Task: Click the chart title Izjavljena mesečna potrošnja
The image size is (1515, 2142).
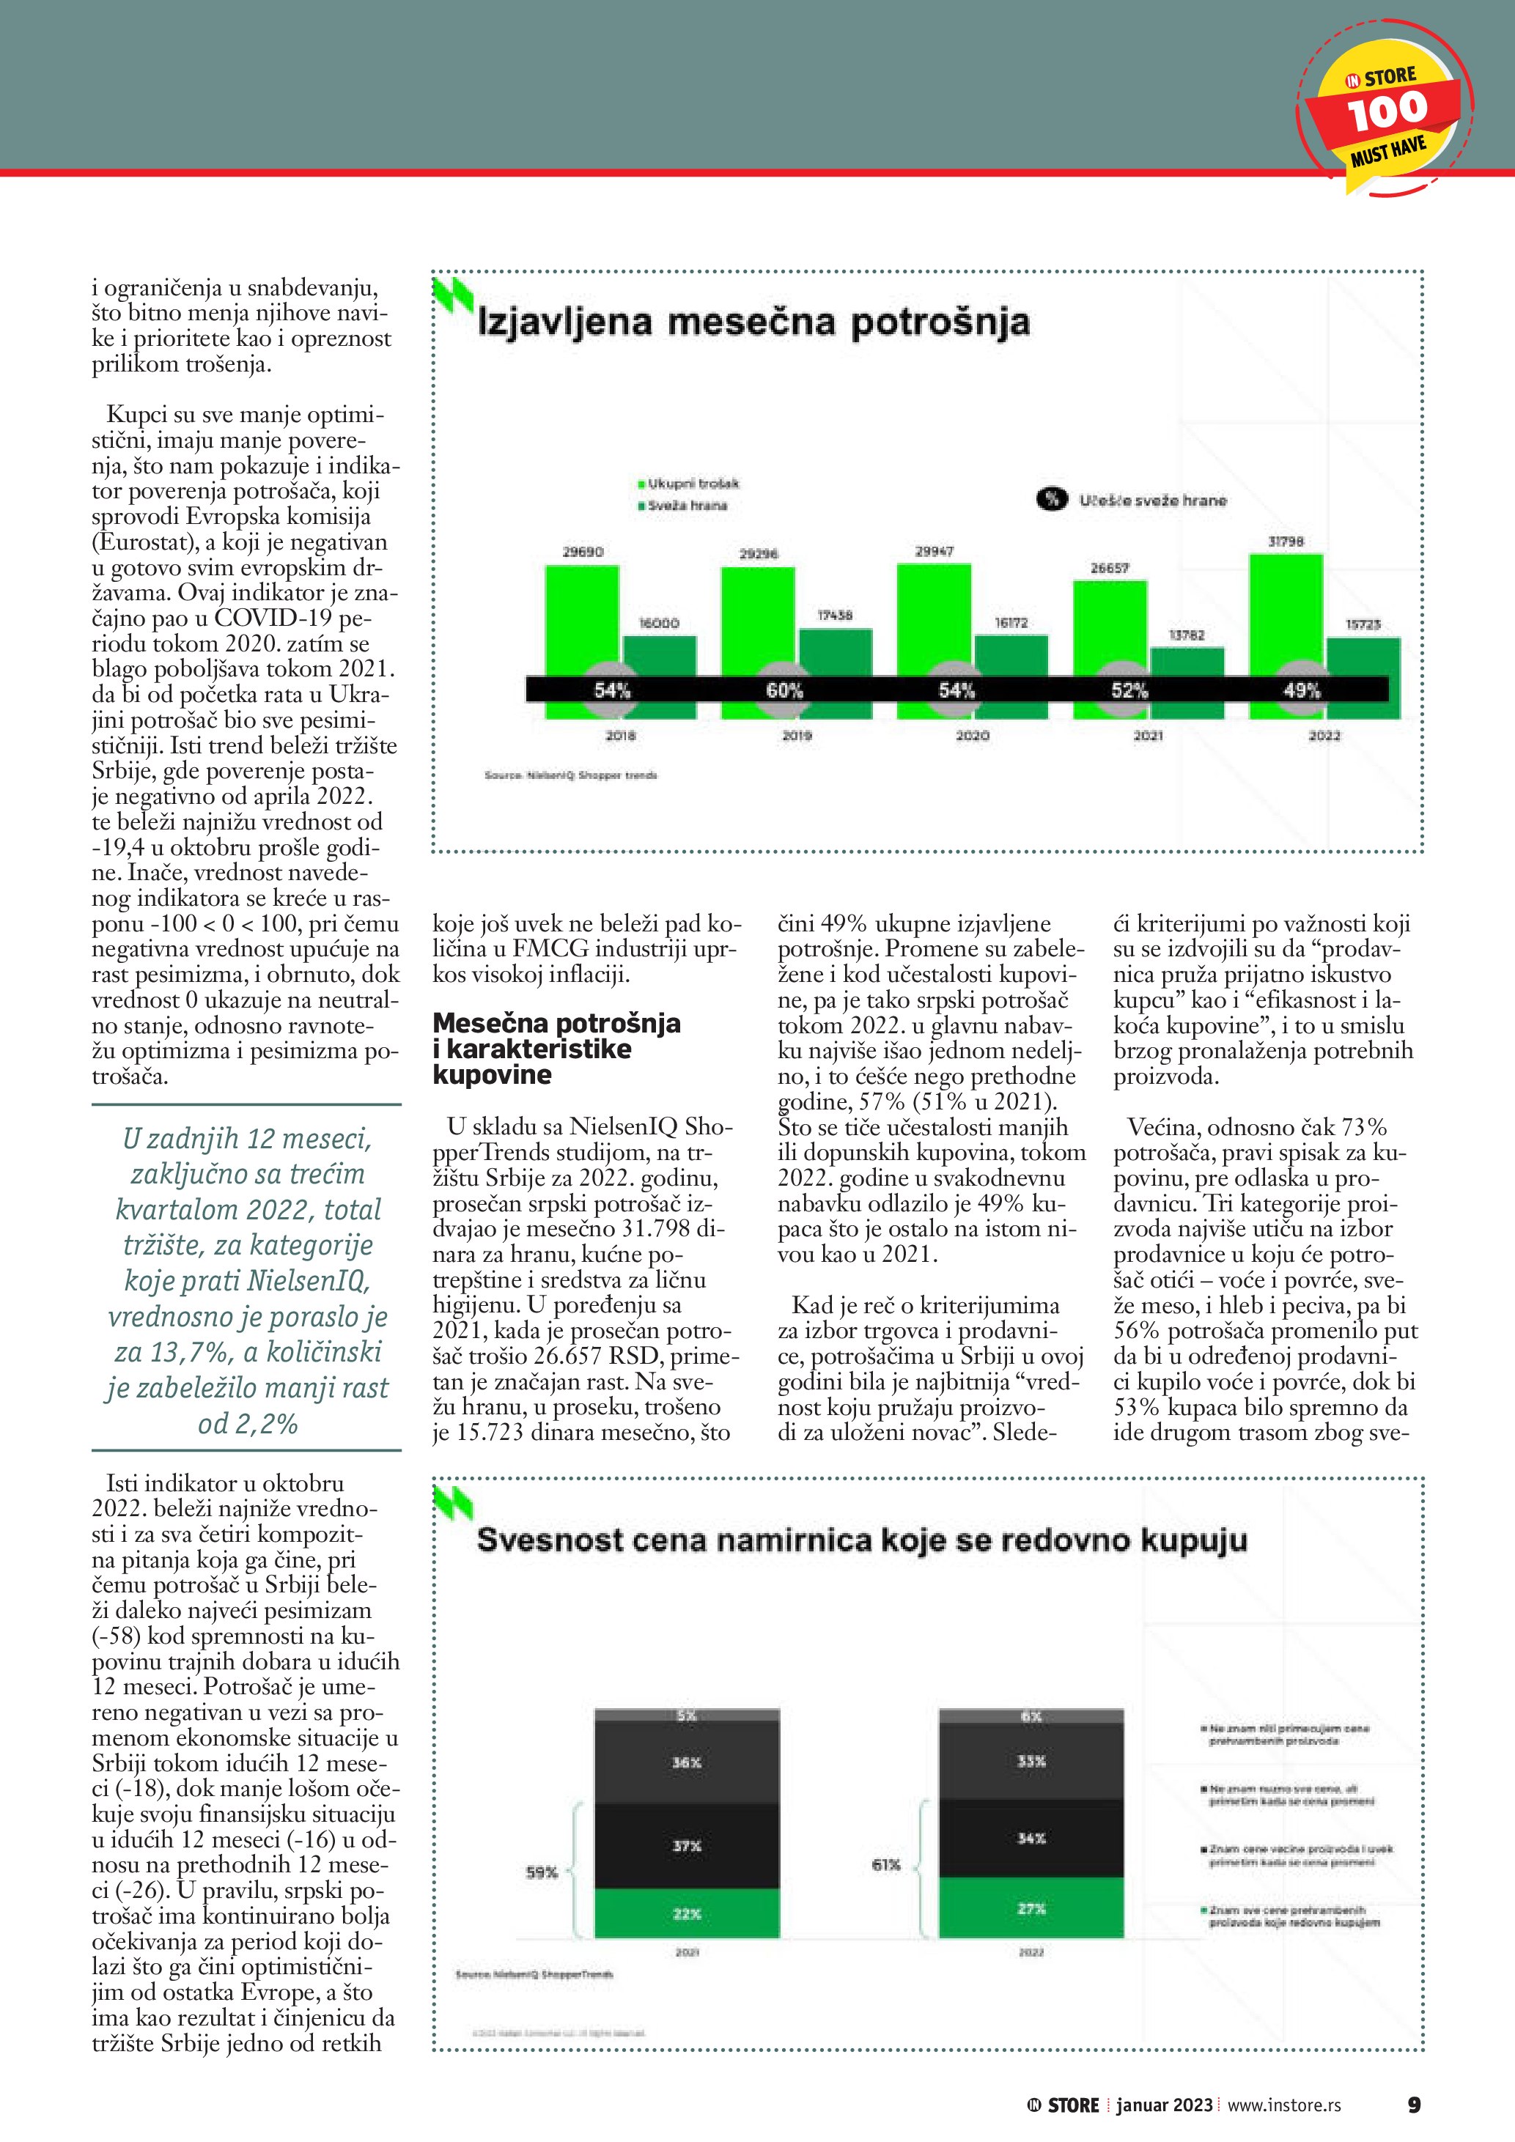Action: click(x=753, y=322)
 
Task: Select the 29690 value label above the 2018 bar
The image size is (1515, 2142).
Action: click(x=582, y=553)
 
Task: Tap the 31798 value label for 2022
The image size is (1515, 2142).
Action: click(x=1286, y=541)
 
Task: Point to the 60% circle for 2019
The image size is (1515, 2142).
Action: click(x=784, y=690)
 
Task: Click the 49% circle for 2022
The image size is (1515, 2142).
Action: click(x=1302, y=690)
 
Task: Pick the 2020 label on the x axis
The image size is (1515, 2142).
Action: click(x=972, y=736)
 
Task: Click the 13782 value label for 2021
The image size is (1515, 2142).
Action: click(x=1187, y=635)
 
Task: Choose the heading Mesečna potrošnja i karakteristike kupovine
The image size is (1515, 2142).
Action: click(x=556, y=1048)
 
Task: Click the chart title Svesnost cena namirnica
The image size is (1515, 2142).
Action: click(x=861, y=1540)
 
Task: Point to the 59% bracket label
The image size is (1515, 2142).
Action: click(x=541, y=1872)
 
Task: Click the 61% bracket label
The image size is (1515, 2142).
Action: click(x=885, y=1865)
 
